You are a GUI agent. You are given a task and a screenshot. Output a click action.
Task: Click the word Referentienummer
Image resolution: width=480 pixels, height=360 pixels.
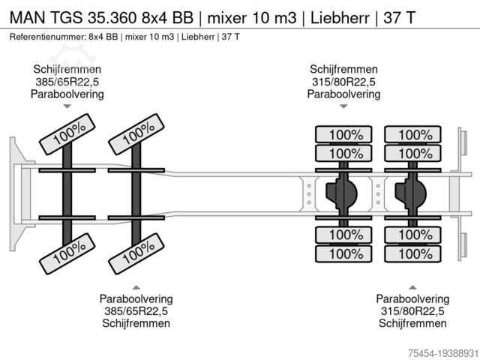[46, 37]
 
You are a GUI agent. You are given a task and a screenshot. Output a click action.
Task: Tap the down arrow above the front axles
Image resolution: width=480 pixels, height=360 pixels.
[67, 106]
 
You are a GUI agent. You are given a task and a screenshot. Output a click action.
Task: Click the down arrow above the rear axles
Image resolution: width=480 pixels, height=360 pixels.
[343, 106]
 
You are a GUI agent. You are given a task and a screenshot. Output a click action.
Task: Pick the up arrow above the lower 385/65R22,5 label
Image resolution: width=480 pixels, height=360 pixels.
[136, 286]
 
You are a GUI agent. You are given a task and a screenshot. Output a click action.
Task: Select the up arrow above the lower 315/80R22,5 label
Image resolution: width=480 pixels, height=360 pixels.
[412, 286]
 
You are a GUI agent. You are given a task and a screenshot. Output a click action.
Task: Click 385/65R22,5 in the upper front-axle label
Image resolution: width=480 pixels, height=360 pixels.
[67, 82]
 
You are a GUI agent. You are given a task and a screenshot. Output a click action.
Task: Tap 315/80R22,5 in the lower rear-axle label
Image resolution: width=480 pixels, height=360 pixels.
[412, 311]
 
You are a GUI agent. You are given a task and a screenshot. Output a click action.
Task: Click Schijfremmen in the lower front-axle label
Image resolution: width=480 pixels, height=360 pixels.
[136, 323]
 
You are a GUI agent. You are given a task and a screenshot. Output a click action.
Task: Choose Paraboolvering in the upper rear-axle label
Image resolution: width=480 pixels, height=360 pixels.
[343, 94]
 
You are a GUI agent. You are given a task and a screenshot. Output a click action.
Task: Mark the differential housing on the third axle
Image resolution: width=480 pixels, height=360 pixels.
[344, 194]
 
